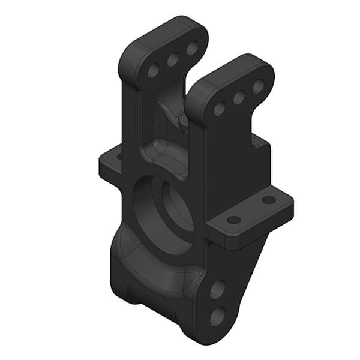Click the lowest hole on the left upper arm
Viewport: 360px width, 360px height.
154,71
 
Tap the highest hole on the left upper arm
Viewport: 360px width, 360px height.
192,49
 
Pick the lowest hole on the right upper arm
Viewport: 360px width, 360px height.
220,109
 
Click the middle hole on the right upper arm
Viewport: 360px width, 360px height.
239,97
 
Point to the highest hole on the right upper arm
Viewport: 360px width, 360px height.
258,86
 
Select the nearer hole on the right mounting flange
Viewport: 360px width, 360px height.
234,220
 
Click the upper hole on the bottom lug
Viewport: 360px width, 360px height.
217,290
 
